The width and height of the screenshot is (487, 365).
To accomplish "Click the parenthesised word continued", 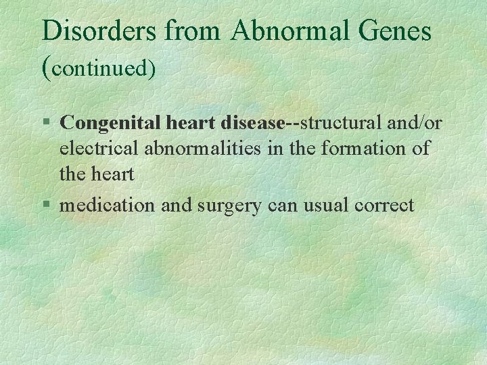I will (x=99, y=68).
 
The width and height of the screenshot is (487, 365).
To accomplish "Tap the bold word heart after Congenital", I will (x=185, y=123).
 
